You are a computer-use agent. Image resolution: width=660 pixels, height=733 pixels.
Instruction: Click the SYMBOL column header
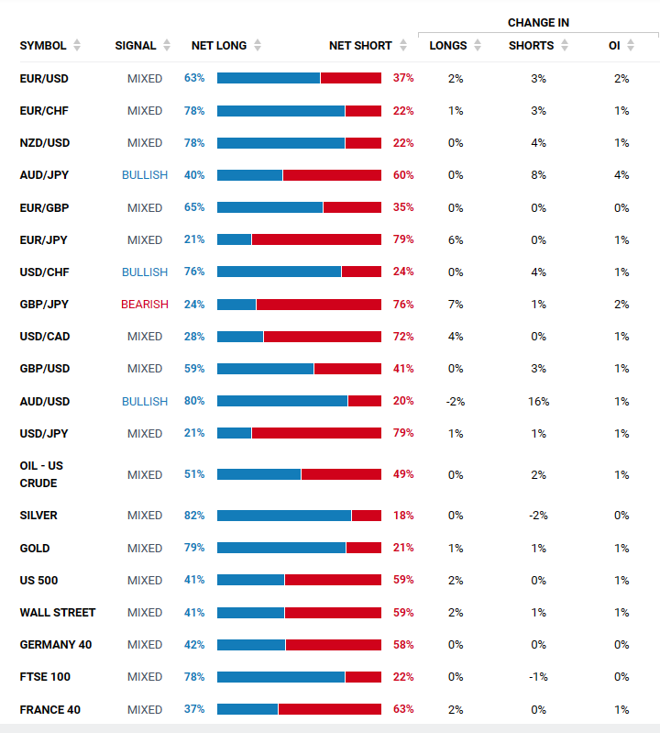pos(42,46)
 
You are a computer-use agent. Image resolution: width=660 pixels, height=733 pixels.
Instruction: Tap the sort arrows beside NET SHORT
pos(402,46)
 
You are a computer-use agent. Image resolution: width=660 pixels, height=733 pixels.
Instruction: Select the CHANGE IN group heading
pos(538,22)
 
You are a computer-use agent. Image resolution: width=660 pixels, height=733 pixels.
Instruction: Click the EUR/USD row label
pos(44,79)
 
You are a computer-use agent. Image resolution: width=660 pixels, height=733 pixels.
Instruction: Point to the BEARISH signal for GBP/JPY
pos(145,305)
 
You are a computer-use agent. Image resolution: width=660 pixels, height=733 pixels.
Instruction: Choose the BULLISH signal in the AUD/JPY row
pos(145,175)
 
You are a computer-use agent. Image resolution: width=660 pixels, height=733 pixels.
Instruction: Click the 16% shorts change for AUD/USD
pos(538,402)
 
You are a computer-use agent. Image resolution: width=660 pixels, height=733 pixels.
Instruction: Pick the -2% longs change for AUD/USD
pos(456,402)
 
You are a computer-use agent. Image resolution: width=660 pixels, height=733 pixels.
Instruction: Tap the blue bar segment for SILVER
pos(284,516)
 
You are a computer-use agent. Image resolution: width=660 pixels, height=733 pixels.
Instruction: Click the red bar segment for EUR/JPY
pos(316,239)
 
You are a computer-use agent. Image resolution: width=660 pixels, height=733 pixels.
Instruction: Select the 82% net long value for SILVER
pos(194,516)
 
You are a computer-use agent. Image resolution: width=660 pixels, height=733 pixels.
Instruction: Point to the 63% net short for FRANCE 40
pos(403,709)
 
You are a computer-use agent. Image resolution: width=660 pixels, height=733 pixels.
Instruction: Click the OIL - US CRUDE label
pos(41,474)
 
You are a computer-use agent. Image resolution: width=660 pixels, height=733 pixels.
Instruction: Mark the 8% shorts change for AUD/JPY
pos(538,175)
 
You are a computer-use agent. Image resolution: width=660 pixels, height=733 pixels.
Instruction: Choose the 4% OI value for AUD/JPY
pos(621,175)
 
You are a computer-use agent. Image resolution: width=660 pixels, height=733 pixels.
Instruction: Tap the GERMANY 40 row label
pos(56,645)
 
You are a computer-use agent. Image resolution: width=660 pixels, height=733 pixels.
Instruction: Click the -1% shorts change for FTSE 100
pos(538,677)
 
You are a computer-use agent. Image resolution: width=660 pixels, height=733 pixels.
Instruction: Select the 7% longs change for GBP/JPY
pos(456,305)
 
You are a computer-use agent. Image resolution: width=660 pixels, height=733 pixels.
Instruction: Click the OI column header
pos(614,46)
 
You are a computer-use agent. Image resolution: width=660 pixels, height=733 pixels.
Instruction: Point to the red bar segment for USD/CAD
pos(323,337)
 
